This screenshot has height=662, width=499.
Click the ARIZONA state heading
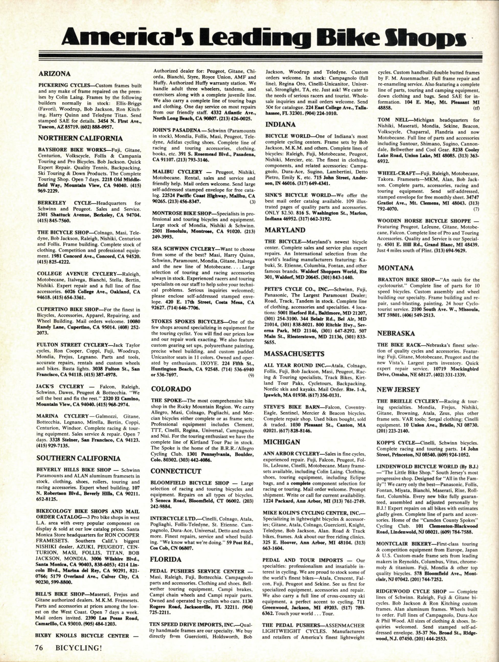coord(55,73)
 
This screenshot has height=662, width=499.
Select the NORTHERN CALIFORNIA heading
coord(81,138)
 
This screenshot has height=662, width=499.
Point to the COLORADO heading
coord(171,389)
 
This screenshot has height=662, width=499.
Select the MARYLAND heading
coord(285,230)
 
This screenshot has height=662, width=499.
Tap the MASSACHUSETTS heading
coord(294,354)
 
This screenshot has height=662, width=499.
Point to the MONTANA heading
coord(395,268)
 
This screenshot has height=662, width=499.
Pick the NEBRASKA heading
coord(396,333)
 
